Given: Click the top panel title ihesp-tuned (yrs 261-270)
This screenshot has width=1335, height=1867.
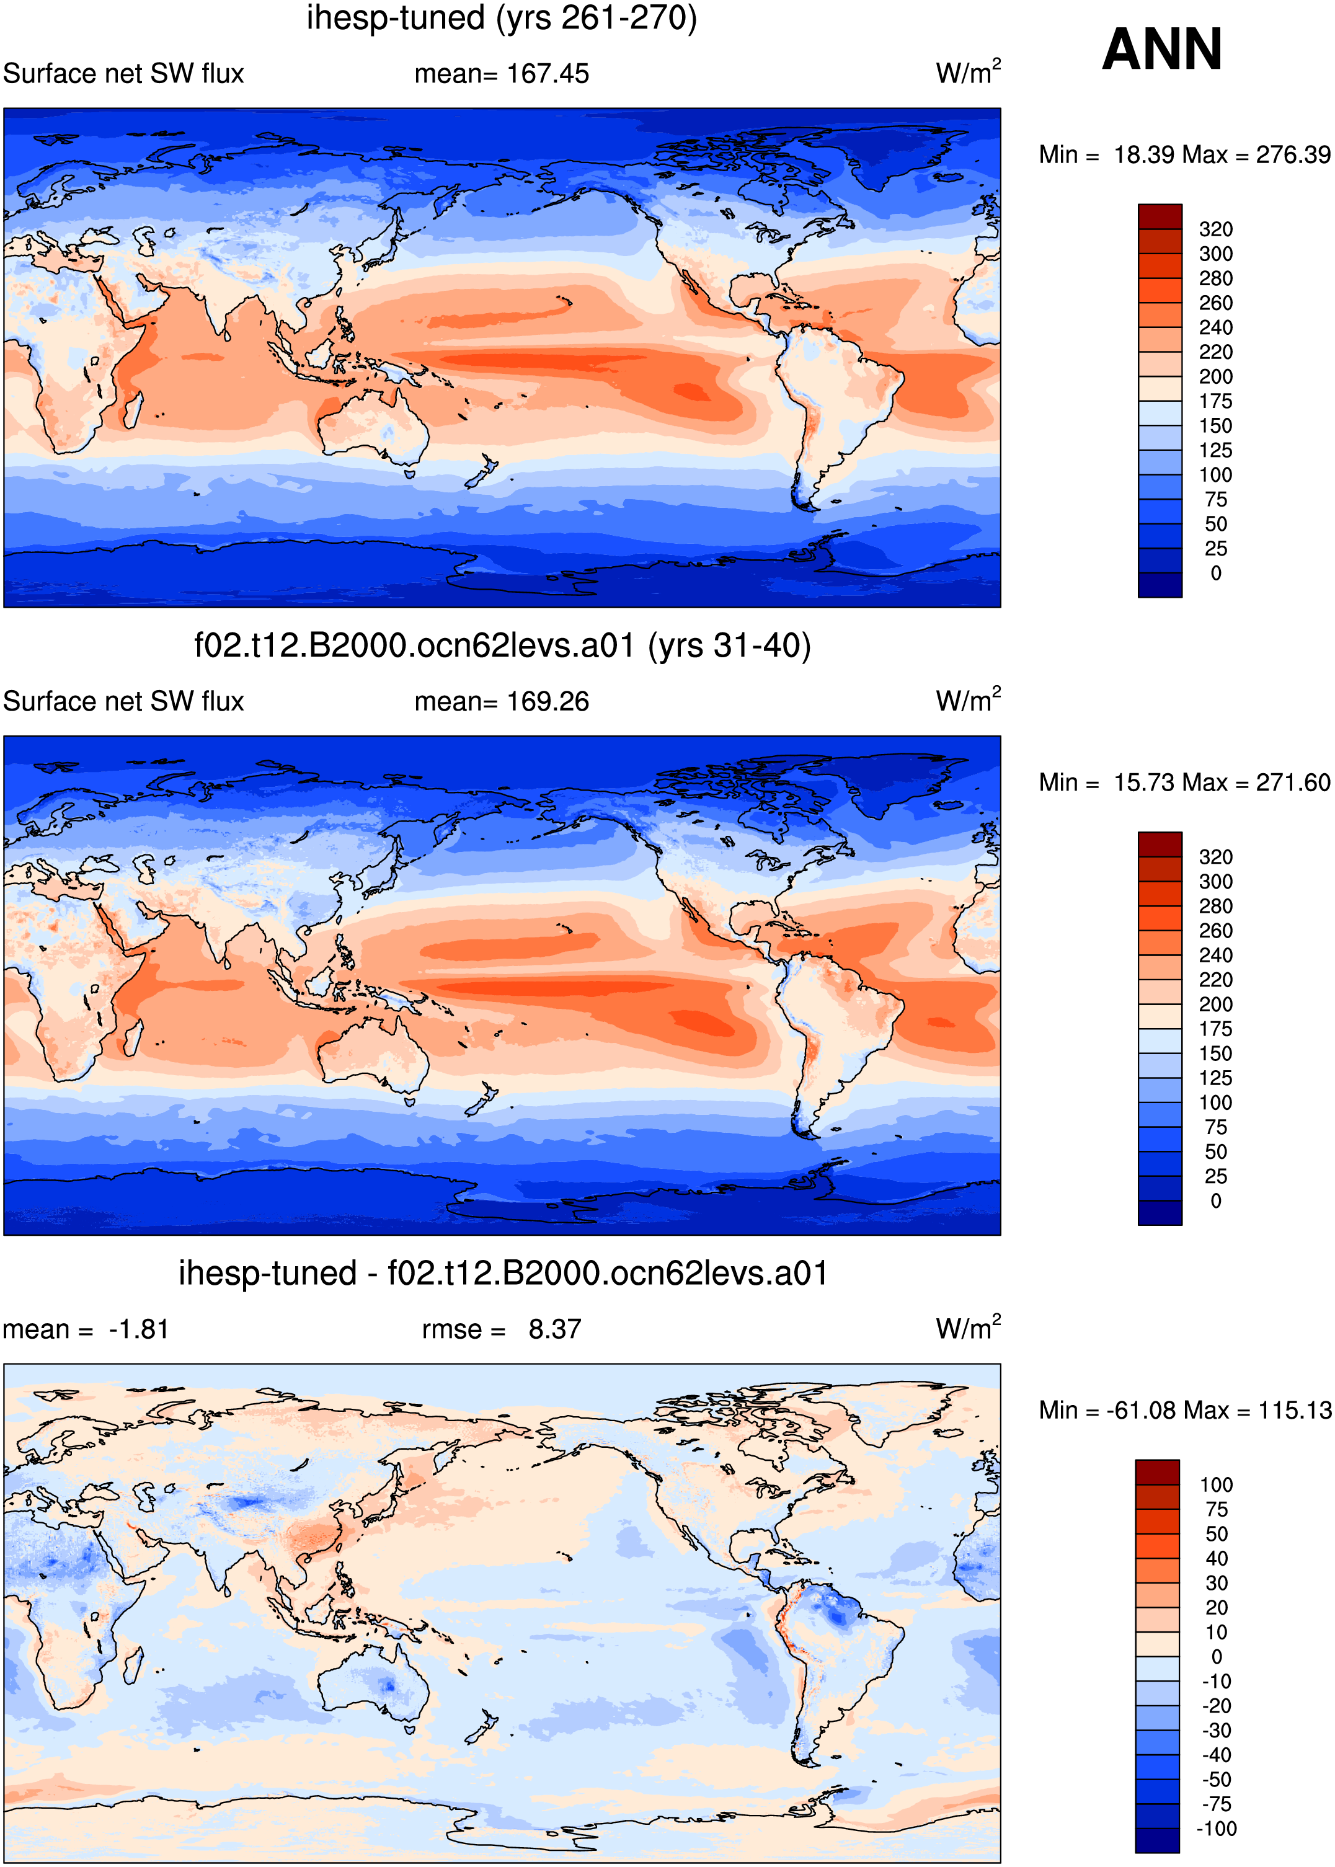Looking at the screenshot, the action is click(x=502, y=18).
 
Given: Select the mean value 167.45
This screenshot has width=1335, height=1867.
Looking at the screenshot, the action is click(x=548, y=74).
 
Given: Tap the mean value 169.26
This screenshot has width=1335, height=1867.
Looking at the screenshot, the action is click(x=548, y=701).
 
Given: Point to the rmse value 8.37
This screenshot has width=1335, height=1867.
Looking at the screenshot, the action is click(x=555, y=1329).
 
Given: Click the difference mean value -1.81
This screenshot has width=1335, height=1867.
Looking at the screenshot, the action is click(x=139, y=1329).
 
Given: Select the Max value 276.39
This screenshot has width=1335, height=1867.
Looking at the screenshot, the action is click(x=1293, y=154).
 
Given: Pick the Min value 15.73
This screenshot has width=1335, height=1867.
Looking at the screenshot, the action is click(x=1151, y=782).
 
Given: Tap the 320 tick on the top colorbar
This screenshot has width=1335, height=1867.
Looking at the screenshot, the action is click(x=1216, y=229).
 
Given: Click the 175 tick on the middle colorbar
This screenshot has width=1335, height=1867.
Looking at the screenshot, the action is click(x=1216, y=1029).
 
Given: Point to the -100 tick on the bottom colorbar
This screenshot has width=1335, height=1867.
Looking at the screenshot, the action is click(x=1217, y=1829).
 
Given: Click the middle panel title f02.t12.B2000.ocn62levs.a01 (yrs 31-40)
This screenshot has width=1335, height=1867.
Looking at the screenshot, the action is click(x=502, y=646).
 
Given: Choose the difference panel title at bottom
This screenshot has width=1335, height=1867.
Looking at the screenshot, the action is click(x=503, y=1274).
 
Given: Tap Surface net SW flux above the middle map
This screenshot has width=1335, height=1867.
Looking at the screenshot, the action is click(x=123, y=701).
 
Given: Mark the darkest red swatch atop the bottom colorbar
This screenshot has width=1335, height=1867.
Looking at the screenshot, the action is click(x=1158, y=1471).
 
